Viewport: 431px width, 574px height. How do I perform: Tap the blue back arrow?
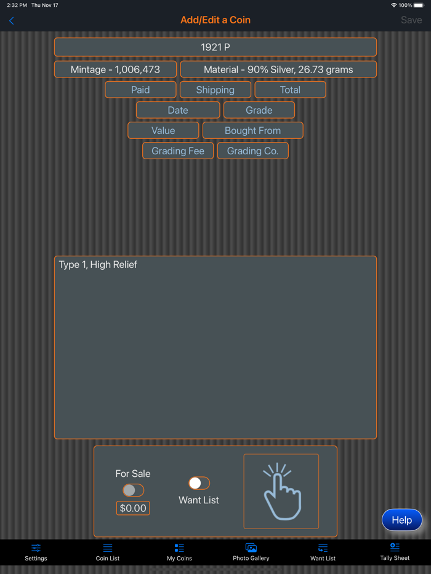click(11, 21)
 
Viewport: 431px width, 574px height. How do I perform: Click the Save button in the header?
click(411, 20)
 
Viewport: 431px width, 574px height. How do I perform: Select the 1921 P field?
click(216, 47)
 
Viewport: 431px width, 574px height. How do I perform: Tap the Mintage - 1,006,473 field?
click(115, 69)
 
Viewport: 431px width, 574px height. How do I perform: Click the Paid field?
click(140, 90)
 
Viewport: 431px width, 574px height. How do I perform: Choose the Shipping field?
click(216, 90)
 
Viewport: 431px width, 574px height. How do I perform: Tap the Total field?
click(290, 90)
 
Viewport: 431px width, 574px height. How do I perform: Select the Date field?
click(178, 110)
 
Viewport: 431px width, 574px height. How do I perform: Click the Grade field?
click(259, 110)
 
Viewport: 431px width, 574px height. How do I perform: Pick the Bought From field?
click(252, 130)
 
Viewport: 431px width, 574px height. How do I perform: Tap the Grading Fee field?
click(178, 151)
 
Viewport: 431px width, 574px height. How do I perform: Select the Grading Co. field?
click(252, 151)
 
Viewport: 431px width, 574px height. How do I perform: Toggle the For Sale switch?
click(133, 490)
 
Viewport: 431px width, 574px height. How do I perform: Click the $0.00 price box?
click(133, 508)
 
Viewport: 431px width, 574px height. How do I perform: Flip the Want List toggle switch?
click(199, 483)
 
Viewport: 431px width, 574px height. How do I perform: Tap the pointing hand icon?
click(281, 491)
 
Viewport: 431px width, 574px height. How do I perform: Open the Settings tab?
click(36, 552)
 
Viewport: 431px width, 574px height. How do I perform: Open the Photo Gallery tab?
click(251, 552)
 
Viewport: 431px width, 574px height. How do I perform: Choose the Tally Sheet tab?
click(395, 552)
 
